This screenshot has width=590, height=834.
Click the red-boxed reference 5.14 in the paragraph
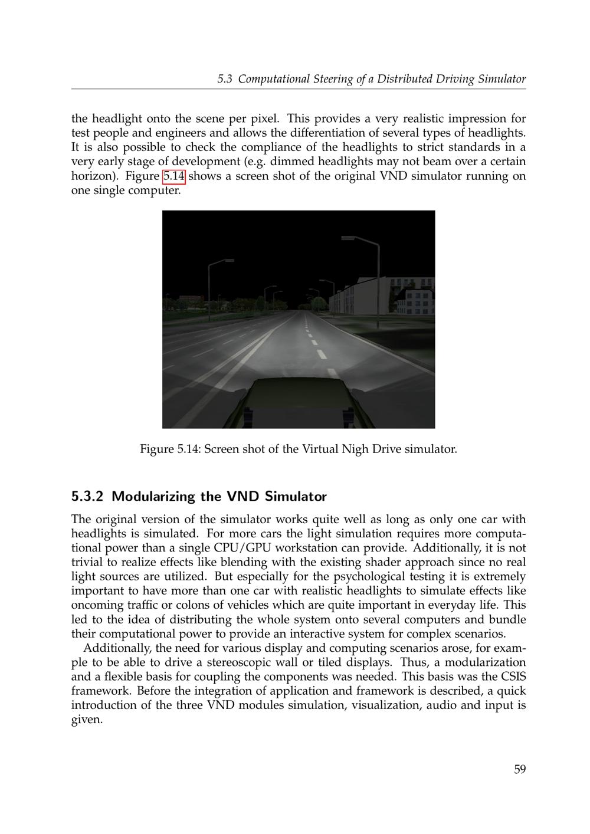[174, 176]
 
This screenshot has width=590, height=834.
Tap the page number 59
[519, 769]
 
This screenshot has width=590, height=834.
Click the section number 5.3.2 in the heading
[87, 496]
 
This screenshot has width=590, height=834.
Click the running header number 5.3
[224, 79]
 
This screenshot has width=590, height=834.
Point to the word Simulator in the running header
[501, 79]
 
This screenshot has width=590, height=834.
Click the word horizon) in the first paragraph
[95, 176]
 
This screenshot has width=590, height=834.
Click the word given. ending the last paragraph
[87, 720]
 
